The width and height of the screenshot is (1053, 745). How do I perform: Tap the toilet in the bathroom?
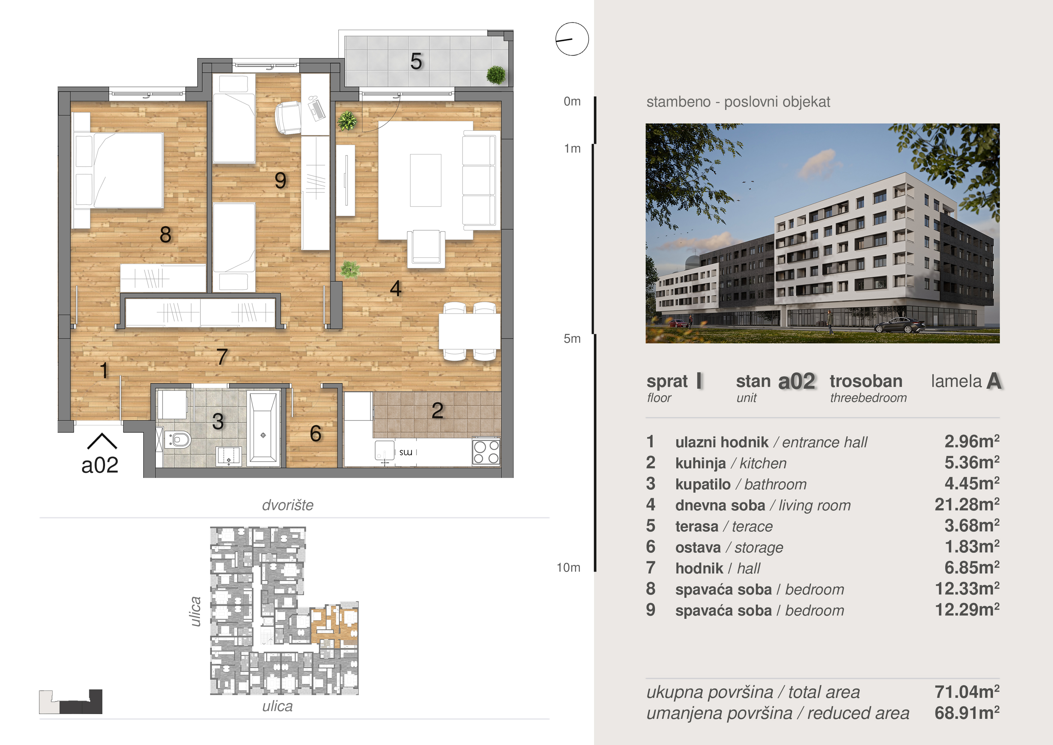pos(177,440)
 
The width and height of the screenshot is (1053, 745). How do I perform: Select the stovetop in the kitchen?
pos(486,452)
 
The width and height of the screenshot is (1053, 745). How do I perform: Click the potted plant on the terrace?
pos(496,75)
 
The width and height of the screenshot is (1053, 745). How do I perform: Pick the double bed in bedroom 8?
pos(118,170)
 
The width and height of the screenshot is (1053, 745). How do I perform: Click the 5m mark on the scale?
pos(572,339)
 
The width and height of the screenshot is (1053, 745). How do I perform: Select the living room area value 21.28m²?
pos(967,504)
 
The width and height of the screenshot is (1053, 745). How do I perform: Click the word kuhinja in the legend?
pos(700,463)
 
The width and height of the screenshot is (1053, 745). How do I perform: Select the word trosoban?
pos(866,381)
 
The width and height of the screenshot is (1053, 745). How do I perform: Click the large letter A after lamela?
pos(994,381)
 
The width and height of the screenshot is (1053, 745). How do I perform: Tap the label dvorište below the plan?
pos(288,505)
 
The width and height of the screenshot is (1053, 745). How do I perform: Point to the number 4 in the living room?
pos(395,288)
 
